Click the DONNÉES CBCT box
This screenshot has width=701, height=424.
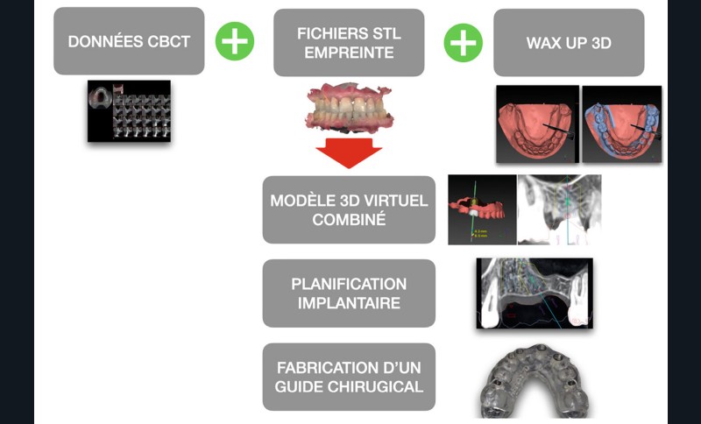click(129, 41)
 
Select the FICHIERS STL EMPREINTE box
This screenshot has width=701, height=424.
click(349, 41)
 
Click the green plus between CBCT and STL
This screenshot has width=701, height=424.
click(235, 41)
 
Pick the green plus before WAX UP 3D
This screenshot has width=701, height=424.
click(463, 42)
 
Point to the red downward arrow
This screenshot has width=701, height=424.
click(349, 151)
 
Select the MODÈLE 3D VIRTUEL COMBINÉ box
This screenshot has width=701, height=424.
click(349, 210)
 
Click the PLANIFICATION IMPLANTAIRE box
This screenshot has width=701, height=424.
click(349, 293)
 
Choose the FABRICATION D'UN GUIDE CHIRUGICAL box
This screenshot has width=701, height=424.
click(349, 377)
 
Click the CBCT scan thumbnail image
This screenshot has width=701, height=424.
click(129, 111)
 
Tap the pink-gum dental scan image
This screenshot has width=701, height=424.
click(347, 110)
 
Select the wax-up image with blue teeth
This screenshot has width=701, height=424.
click(621, 124)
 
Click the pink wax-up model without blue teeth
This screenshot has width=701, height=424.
click(537, 124)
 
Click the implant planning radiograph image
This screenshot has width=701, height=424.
click(535, 293)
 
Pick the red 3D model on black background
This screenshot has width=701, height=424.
click(481, 210)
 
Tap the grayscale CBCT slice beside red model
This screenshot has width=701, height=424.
click(559, 210)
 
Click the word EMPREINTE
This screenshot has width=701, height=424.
click(349, 52)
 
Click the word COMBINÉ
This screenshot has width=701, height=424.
click(349, 220)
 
